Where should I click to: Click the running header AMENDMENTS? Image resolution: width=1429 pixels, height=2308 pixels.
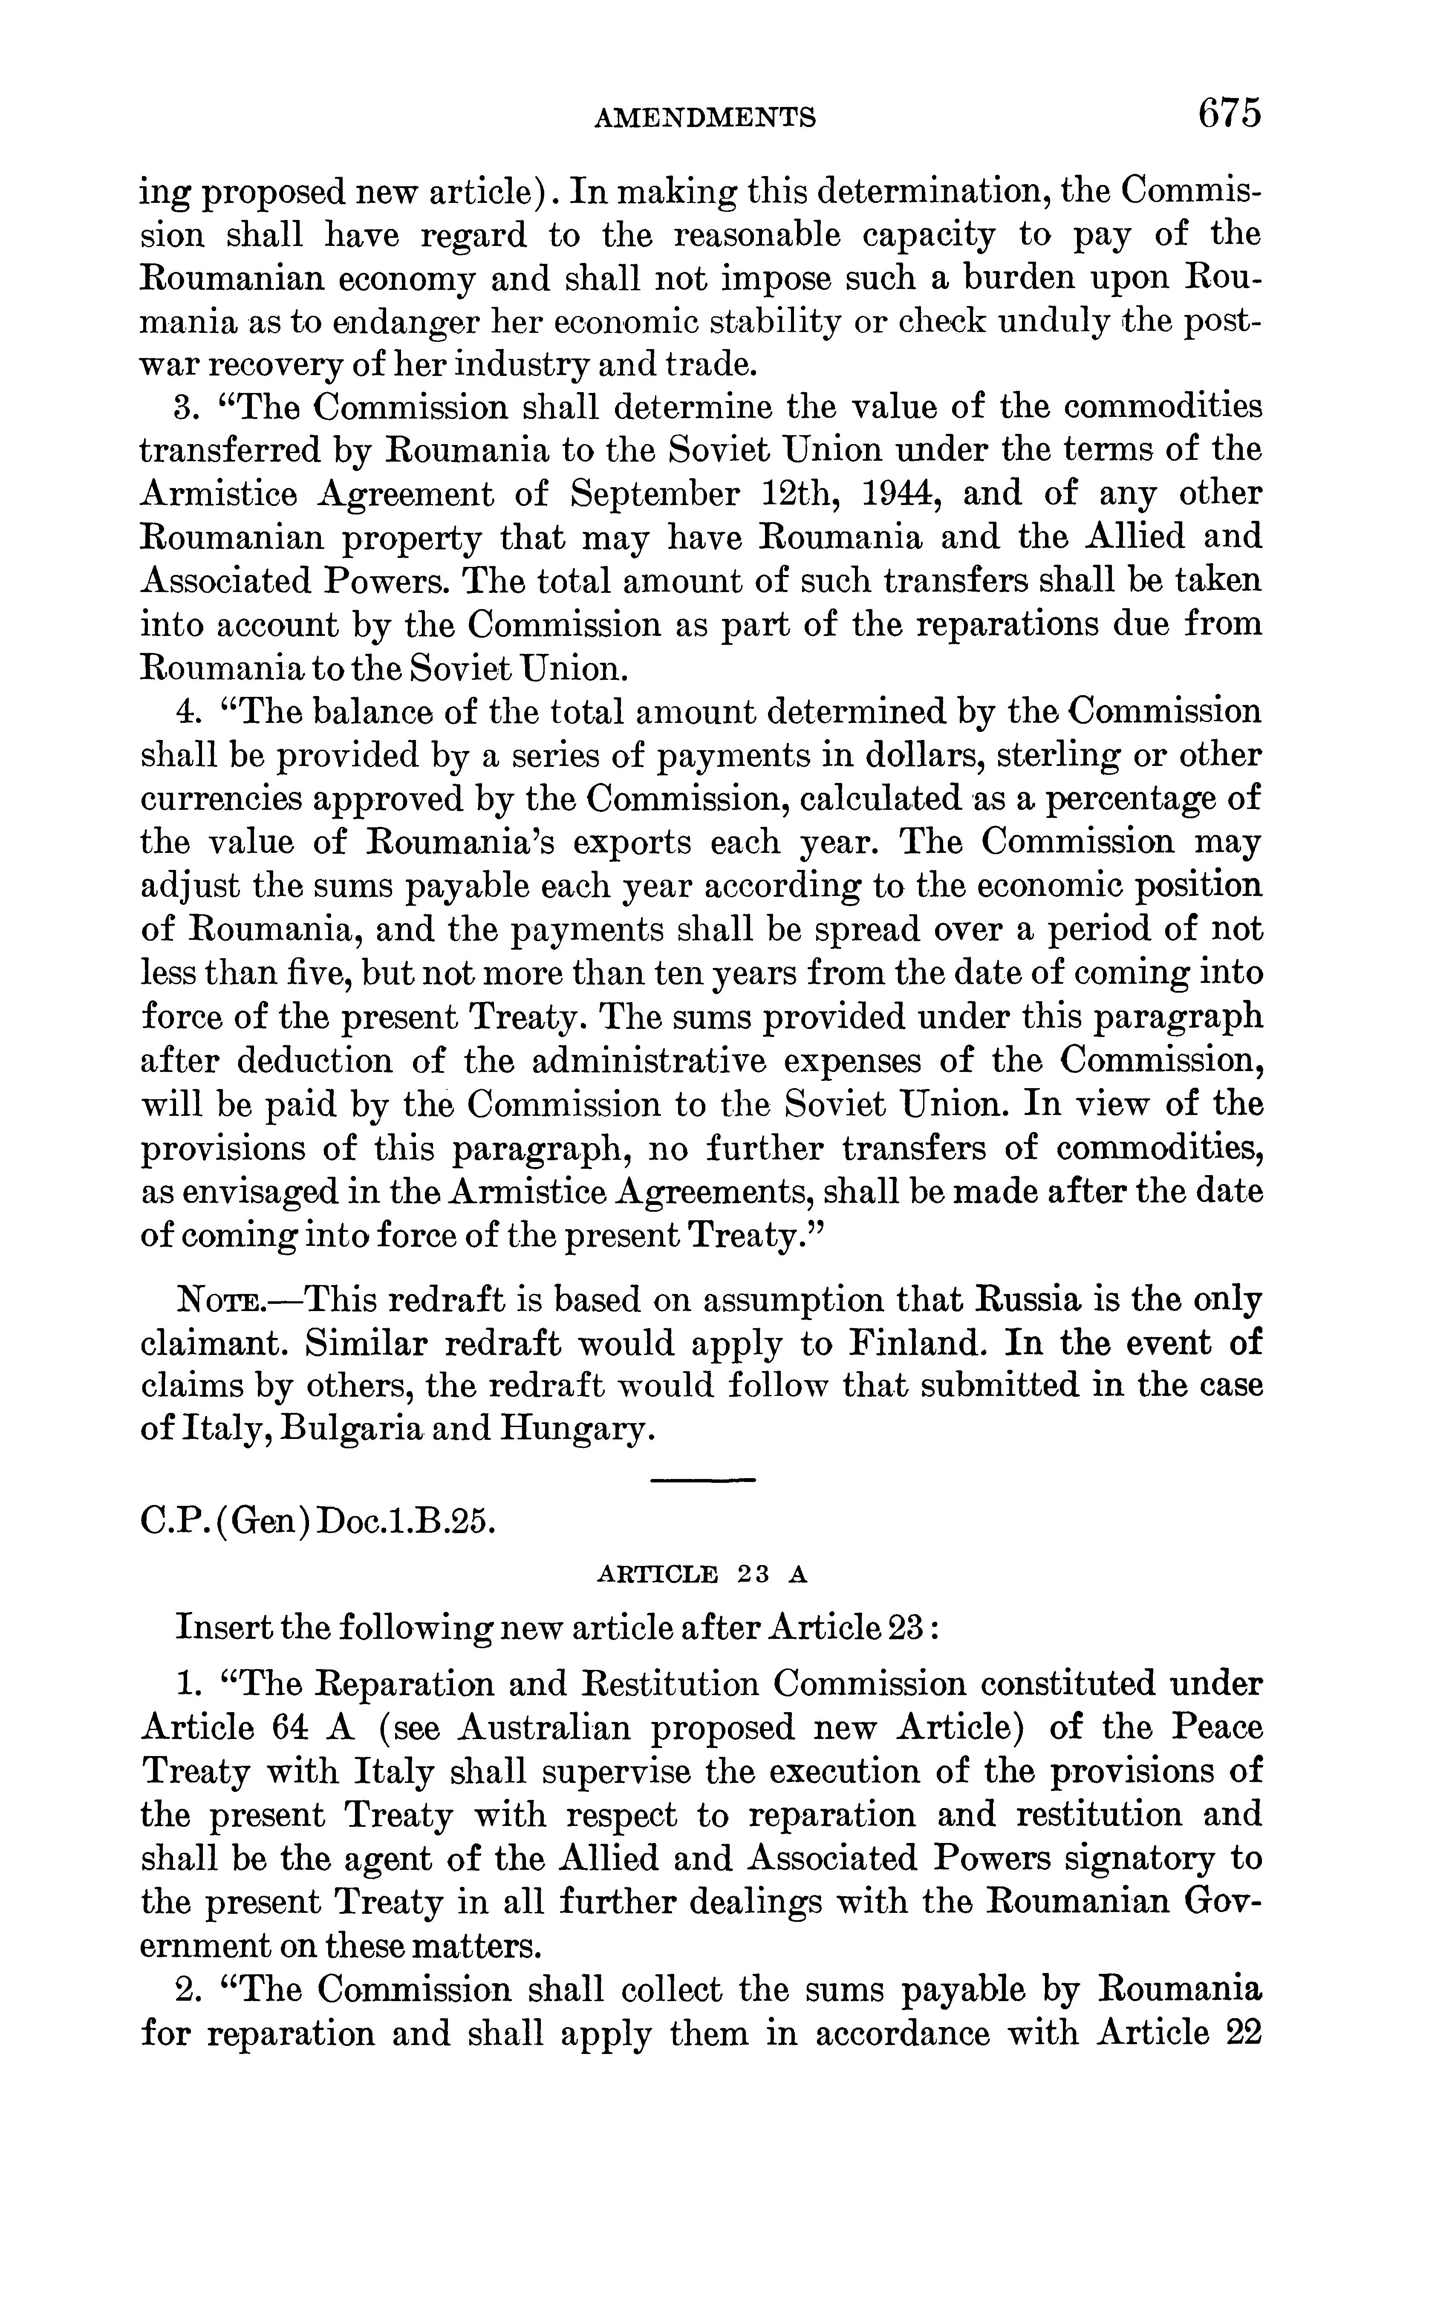pos(705,117)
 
